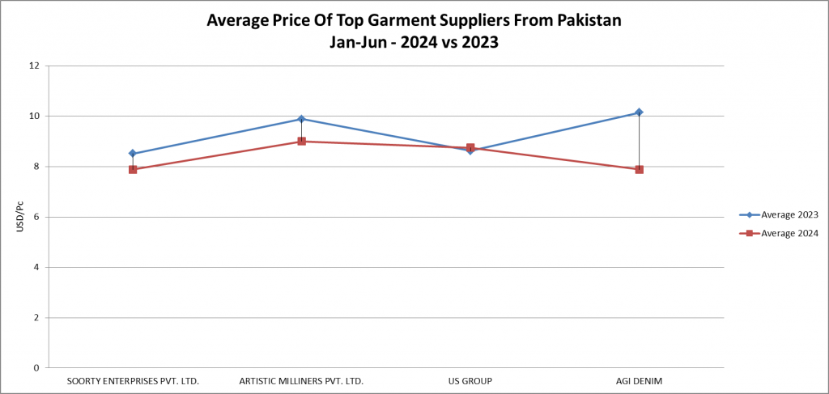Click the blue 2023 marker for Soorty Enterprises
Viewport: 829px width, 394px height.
(133, 154)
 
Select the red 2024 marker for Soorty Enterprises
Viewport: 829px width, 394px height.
(133, 169)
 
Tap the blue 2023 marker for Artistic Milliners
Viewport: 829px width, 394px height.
(301, 119)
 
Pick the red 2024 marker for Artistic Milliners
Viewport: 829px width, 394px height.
(301, 142)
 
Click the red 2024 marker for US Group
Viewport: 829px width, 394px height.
(470, 148)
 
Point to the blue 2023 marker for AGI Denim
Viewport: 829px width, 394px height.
(639, 112)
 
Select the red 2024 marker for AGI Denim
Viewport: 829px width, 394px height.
(639, 169)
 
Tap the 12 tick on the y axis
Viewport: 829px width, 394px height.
(34, 66)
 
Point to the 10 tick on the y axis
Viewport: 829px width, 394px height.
(34, 116)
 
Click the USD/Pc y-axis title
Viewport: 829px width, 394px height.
(19, 217)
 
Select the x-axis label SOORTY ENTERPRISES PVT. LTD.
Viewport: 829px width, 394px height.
(133, 380)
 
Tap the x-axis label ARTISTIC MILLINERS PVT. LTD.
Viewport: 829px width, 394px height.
(301, 380)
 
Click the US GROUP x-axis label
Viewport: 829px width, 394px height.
(470, 380)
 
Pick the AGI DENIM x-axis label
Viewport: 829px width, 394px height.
(639, 380)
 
